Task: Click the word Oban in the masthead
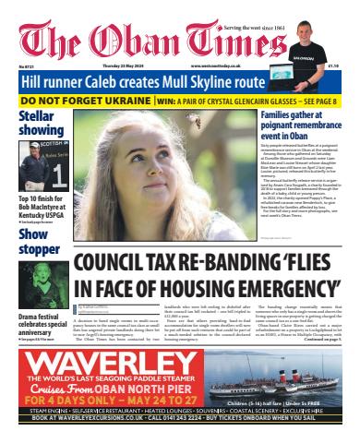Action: (x=166, y=40)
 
